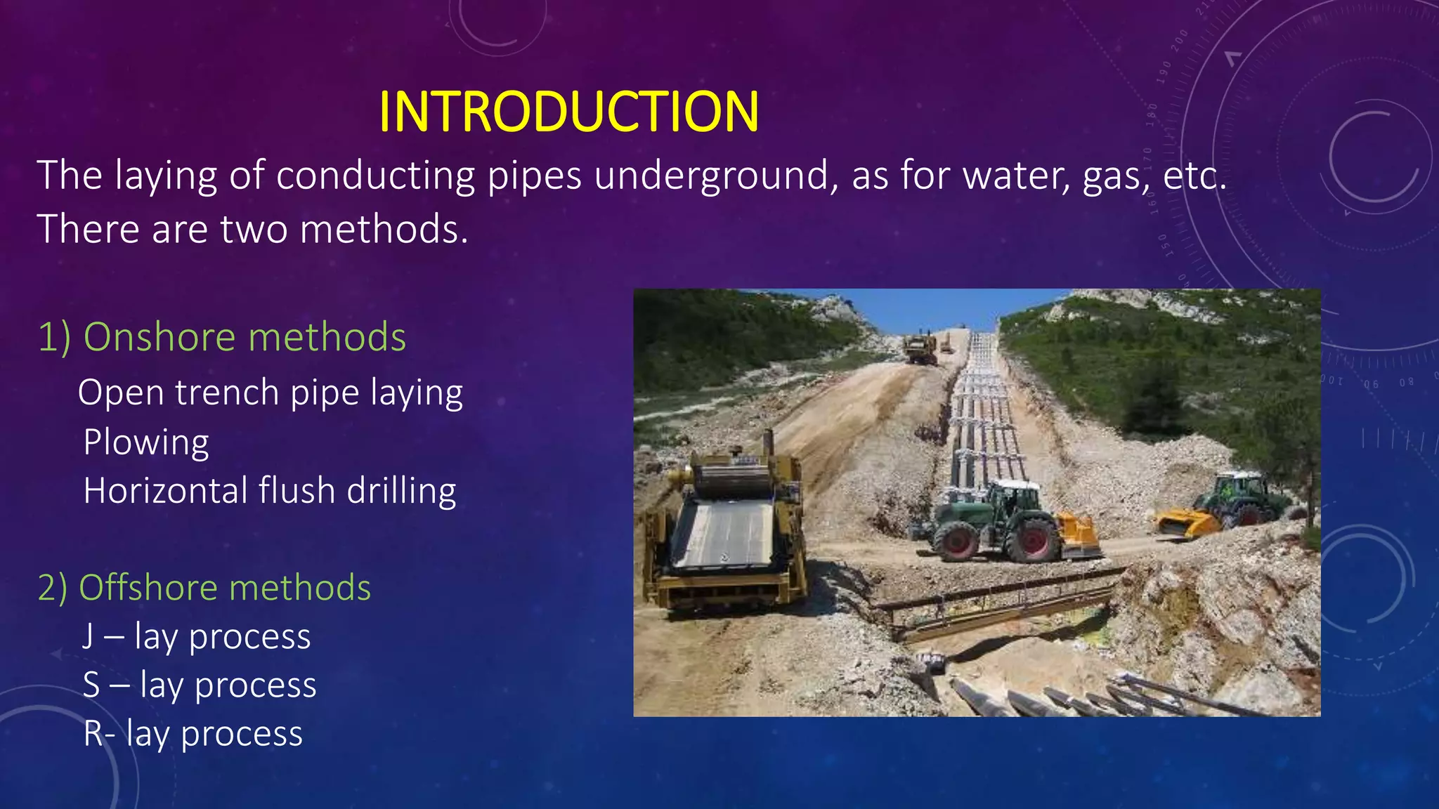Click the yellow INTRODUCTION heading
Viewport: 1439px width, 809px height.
click(x=568, y=112)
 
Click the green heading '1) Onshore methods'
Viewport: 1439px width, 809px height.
click(x=222, y=337)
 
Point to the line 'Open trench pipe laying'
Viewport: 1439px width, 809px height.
click(x=271, y=393)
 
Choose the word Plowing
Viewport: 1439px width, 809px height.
click(x=146, y=442)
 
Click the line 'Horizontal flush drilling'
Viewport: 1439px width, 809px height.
click(x=270, y=491)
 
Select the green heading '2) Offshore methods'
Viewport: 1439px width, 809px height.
click(x=204, y=588)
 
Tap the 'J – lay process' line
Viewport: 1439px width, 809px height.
click(x=197, y=637)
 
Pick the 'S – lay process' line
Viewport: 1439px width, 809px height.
click(x=200, y=685)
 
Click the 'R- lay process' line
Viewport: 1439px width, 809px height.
click(x=193, y=734)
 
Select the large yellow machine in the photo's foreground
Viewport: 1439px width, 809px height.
click(x=727, y=527)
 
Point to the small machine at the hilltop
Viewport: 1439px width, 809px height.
click(x=920, y=348)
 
